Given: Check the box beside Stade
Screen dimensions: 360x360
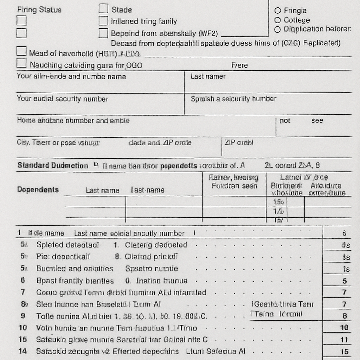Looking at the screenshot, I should pyautogui.click(x=103, y=9).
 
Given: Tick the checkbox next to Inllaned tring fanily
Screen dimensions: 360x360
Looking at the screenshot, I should pyautogui.click(x=103, y=21).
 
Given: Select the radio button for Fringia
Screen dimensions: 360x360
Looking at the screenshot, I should pyautogui.click(x=278, y=11).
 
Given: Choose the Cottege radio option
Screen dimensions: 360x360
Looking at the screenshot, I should pyautogui.click(x=278, y=20).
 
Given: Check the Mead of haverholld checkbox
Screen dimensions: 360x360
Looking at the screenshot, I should pyautogui.click(x=21, y=52).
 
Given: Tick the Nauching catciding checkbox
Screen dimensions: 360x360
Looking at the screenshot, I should pyautogui.click(x=21, y=64).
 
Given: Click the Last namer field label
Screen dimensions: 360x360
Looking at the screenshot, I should pyautogui.click(x=208, y=76).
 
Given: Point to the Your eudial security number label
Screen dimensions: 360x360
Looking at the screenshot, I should pyautogui.click(x=62, y=99).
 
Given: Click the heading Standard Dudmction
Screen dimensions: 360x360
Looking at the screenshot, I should pyautogui.click(x=53, y=166).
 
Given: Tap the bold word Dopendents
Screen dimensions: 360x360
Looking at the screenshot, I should pyautogui.click(x=38, y=189).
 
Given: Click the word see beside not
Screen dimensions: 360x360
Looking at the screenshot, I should pyautogui.click(x=317, y=121).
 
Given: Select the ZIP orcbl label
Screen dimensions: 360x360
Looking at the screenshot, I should pyautogui.click(x=239, y=143).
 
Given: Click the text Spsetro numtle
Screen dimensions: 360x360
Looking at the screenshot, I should pyautogui.click(x=152, y=269).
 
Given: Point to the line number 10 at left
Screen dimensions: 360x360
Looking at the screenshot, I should pyautogui.click(x=23, y=328).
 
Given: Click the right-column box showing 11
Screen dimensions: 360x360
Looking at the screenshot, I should pyautogui.click(x=344, y=340).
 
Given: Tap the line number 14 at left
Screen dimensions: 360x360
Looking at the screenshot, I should pyautogui.click(x=23, y=351).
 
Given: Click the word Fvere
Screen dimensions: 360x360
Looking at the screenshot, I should pyautogui.click(x=239, y=65).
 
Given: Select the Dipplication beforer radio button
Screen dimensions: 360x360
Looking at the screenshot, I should pyautogui.click(x=278, y=30).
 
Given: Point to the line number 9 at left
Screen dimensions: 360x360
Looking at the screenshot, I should pyautogui.click(x=23, y=316).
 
